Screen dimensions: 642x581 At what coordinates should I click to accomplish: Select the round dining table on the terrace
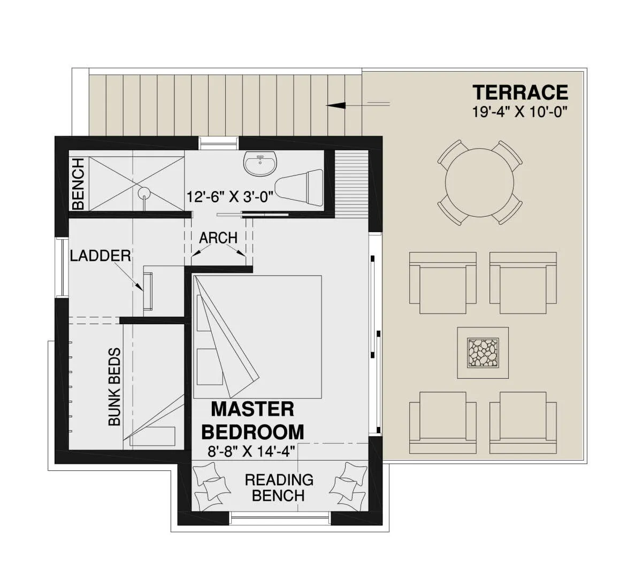coord(479,182)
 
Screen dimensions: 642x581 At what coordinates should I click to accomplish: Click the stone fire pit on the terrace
coord(483,353)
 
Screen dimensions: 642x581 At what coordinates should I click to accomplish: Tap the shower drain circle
coord(144,193)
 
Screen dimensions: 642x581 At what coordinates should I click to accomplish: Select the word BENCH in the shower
coord(78,184)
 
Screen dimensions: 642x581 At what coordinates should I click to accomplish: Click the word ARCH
coord(218,238)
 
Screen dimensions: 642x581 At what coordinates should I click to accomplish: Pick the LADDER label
coord(101,256)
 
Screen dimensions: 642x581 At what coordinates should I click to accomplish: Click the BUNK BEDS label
coord(114,387)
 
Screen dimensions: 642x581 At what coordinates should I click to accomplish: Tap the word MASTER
coord(253,409)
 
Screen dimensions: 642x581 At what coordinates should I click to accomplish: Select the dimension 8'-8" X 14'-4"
coord(251,452)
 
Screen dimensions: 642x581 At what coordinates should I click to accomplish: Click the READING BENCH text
coord(279,487)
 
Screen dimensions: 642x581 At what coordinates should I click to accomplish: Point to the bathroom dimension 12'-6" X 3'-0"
coord(230,196)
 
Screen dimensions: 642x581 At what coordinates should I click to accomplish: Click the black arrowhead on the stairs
coord(336,105)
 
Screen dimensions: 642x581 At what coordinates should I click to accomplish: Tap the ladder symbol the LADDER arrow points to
coord(148,291)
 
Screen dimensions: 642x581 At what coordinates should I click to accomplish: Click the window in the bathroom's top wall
coord(218,143)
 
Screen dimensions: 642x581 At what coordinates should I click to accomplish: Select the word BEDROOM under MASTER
coord(253,432)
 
